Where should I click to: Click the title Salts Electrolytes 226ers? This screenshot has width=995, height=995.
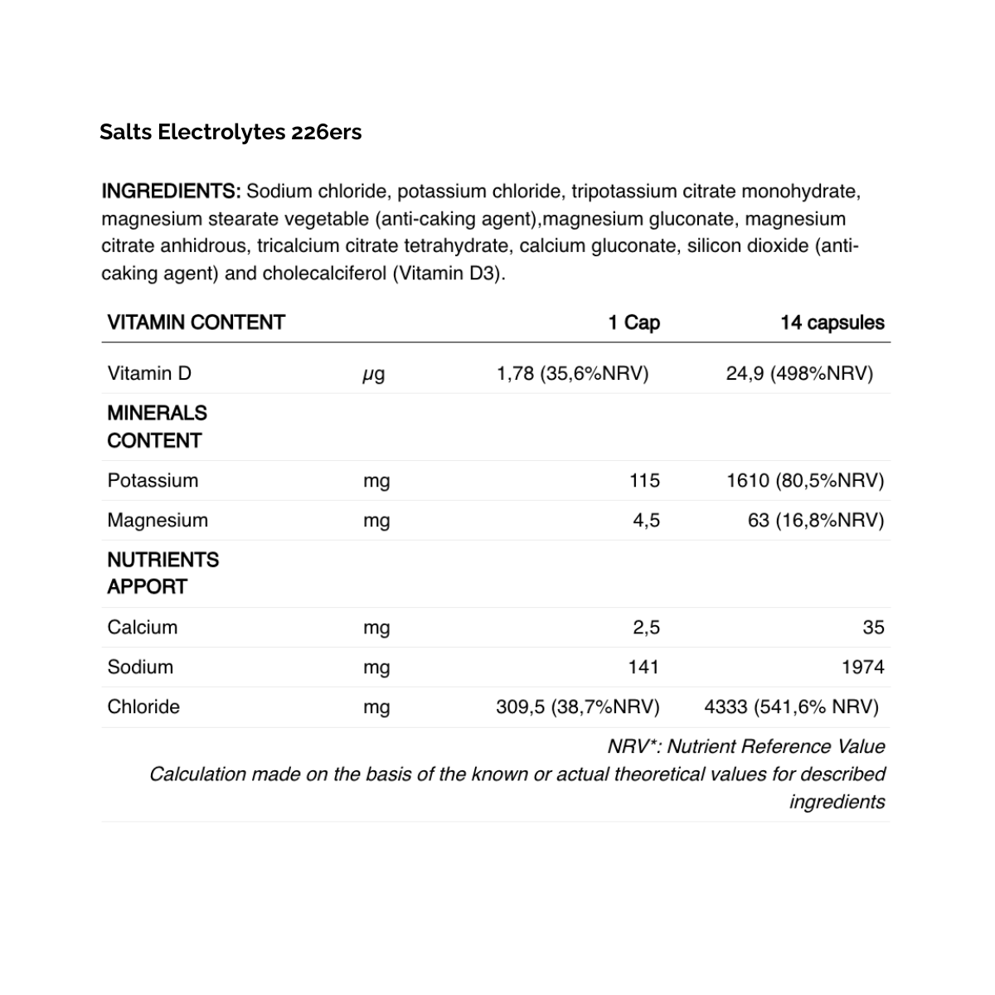(x=231, y=133)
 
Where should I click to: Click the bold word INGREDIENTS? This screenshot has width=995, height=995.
(x=171, y=192)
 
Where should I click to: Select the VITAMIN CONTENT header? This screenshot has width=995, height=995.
(x=196, y=323)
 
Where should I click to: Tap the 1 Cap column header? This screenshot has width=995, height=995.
(x=633, y=323)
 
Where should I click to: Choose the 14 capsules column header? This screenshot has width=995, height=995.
(x=832, y=323)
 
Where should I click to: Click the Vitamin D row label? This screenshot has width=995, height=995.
(x=149, y=373)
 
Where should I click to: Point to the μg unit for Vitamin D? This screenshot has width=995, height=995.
(x=374, y=374)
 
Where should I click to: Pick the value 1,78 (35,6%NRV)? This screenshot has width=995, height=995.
(x=572, y=373)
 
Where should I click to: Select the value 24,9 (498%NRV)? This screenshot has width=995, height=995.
(x=799, y=373)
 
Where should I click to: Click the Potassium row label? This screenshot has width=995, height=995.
(x=153, y=480)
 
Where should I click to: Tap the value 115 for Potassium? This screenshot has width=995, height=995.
(x=644, y=480)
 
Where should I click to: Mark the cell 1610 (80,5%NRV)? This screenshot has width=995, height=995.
(x=805, y=480)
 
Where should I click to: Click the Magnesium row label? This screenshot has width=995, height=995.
(x=158, y=520)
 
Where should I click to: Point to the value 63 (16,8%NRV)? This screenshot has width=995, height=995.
(x=816, y=520)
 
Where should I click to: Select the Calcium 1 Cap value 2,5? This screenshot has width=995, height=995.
(x=646, y=627)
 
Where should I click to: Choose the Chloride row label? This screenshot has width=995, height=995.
(x=143, y=706)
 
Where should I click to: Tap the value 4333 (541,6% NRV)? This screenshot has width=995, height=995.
(x=791, y=706)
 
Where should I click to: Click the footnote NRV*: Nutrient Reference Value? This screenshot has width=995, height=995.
(x=746, y=746)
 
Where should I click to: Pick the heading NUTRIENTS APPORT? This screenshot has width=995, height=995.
(x=163, y=573)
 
